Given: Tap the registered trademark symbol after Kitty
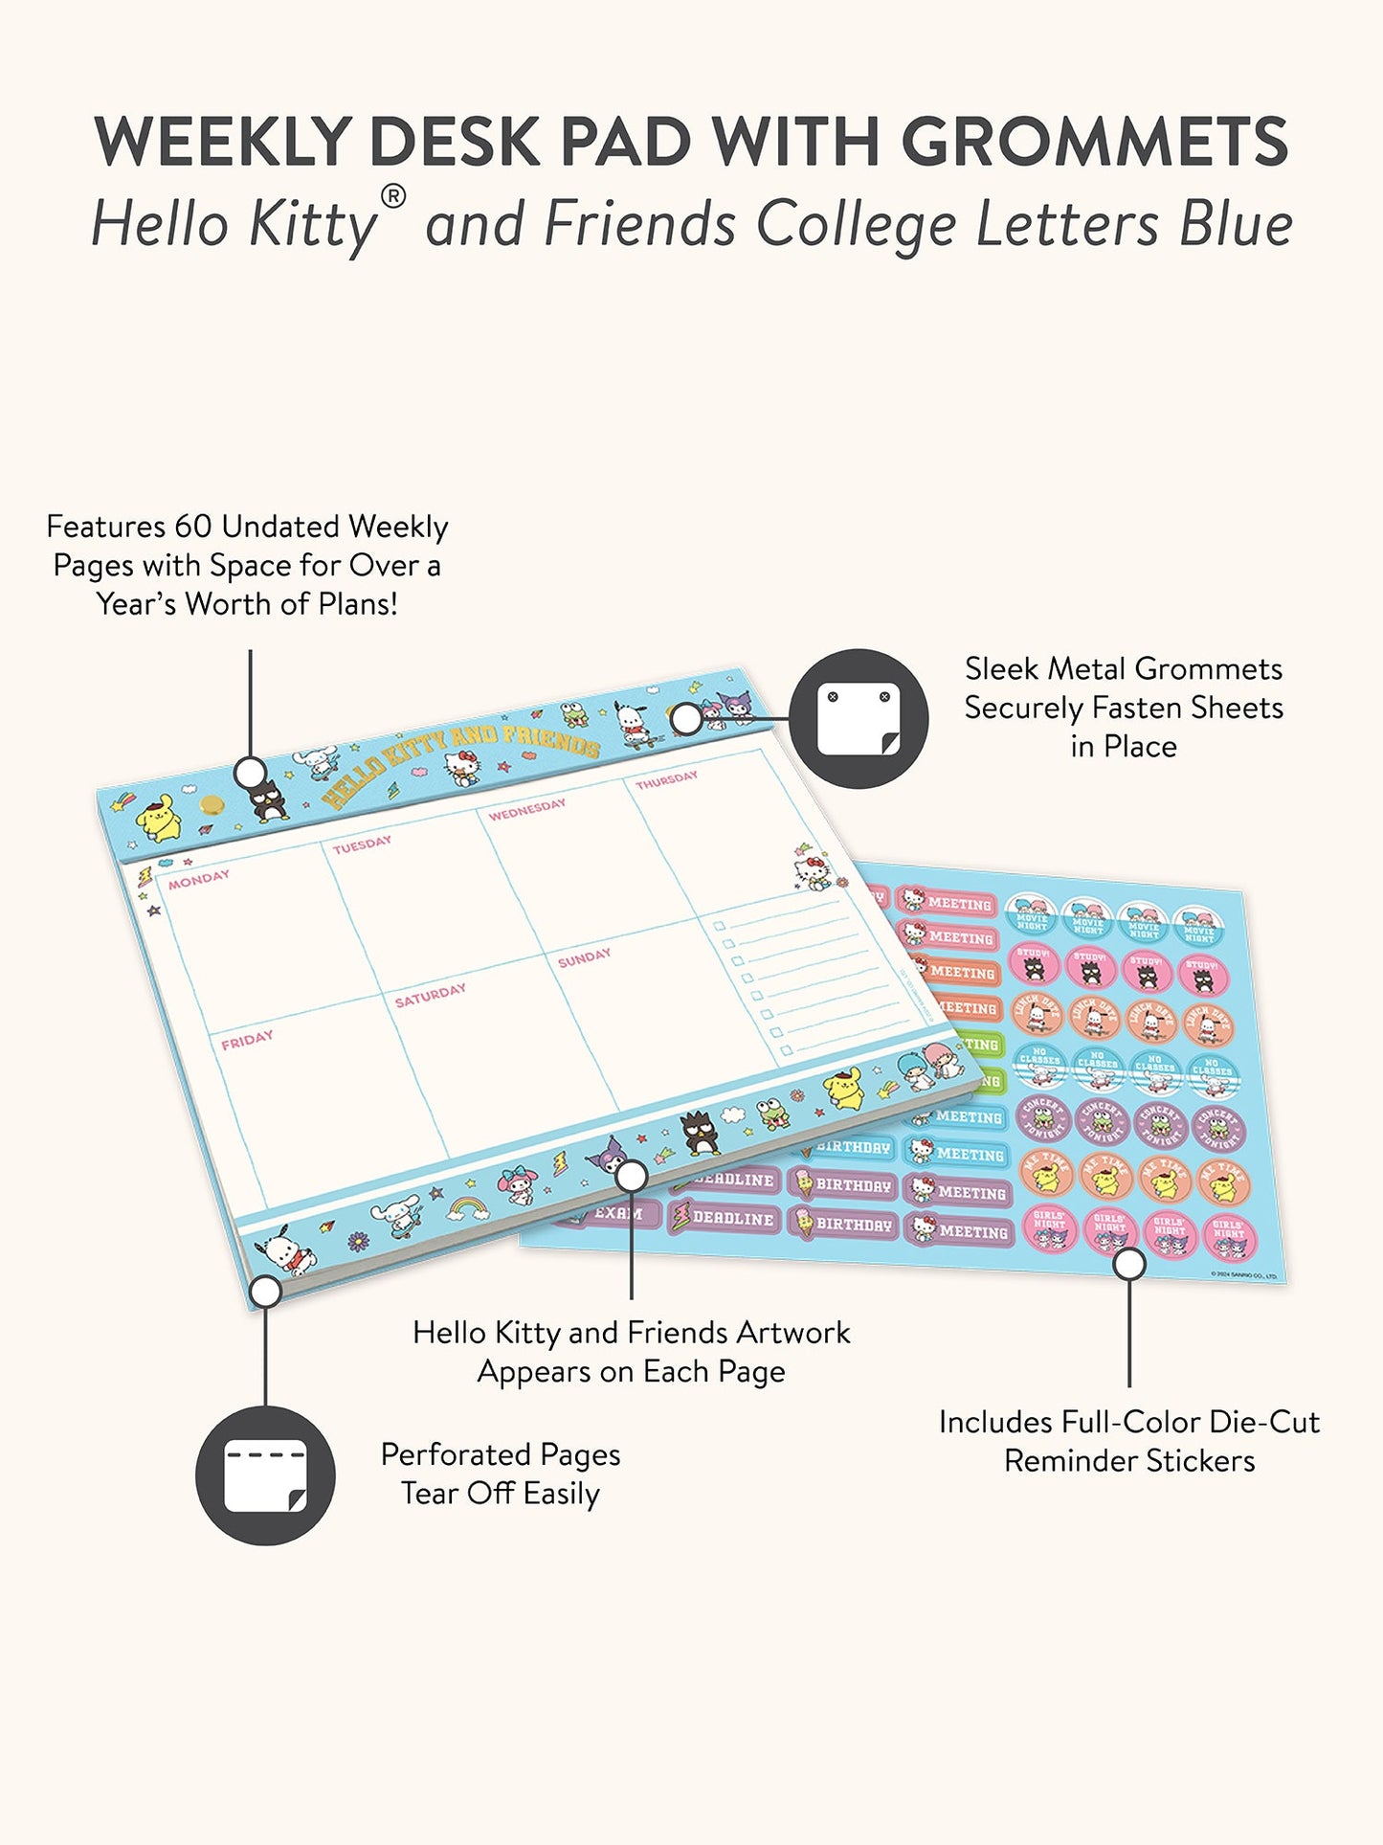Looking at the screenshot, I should (392, 196).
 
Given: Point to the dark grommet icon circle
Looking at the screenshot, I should (858, 719).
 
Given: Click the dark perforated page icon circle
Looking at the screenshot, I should (265, 1474).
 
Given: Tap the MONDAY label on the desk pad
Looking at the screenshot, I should (199, 879).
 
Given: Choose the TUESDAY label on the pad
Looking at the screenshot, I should (362, 844).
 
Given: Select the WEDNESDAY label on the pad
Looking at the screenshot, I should (526, 809).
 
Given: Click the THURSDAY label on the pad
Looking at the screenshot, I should (667, 779).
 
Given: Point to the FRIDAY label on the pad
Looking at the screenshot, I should (247, 1040).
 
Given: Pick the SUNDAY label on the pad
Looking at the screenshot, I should (584, 957).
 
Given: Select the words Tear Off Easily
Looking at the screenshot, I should (500, 1494).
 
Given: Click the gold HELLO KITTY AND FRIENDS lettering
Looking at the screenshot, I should (459, 763).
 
